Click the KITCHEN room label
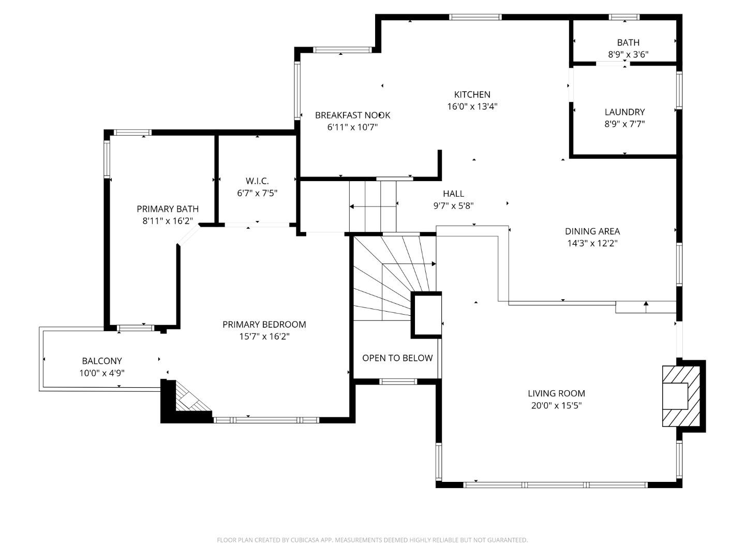pos(472,94)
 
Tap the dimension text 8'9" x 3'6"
pos(628,54)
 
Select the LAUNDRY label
pos(624,112)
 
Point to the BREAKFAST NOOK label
pos(352,115)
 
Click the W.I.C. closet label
pos(257,181)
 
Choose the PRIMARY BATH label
pos(168,209)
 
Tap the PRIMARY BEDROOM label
pos(264,324)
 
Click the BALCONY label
pos(102,361)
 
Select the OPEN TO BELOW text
pos(397,358)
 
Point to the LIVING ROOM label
pos(556,393)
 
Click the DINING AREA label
pos(592,231)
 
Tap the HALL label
pos(453,194)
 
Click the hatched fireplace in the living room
pos(682,396)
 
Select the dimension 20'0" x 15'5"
pos(556,406)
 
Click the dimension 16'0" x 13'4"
pos(472,107)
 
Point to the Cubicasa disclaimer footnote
pos(372,540)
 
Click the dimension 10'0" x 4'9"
pos(102,373)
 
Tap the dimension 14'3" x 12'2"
pos(592,244)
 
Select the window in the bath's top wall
pos(624,17)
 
